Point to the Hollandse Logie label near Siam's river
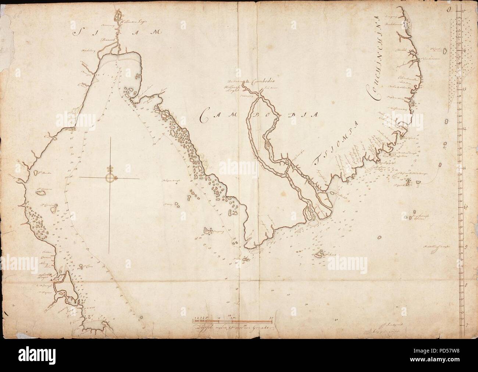pos(135,22)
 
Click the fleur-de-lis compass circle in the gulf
pos(110,178)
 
